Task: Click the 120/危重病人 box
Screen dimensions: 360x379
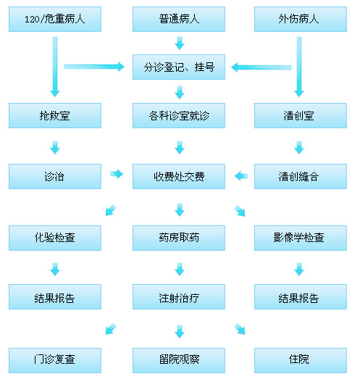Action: [x=55, y=19]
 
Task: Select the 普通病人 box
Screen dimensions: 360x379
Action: [x=179, y=19]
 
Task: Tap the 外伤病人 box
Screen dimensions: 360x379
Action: [x=301, y=19]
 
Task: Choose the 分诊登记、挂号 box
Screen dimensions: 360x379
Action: [x=179, y=67]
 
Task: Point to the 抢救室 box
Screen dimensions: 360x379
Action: [x=55, y=115]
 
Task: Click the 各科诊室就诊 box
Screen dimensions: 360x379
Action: [x=179, y=115]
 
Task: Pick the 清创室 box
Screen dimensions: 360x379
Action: [x=301, y=115]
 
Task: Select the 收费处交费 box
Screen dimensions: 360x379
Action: [x=179, y=176]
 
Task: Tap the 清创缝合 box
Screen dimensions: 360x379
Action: [x=301, y=176]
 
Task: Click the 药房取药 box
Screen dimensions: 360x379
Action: [x=179, y=238]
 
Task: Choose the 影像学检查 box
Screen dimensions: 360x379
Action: [x=301, y=238]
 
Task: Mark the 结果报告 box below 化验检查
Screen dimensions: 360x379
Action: [x=55, y=296]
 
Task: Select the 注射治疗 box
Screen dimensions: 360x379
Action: [x=179, y=296]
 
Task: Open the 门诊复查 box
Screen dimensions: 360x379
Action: [x=55, y=360]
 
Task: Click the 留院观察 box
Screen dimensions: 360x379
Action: [x=179, y=360]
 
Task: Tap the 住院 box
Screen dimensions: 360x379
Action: [x=301, y=360]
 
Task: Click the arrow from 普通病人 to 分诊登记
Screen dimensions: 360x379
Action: [x=180, y=43]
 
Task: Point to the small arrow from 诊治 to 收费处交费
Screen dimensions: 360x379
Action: [x=117, y=174]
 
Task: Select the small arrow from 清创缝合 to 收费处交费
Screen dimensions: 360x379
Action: [x=241, y=175]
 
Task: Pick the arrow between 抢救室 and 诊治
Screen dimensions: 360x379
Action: [x=55, y=147]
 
